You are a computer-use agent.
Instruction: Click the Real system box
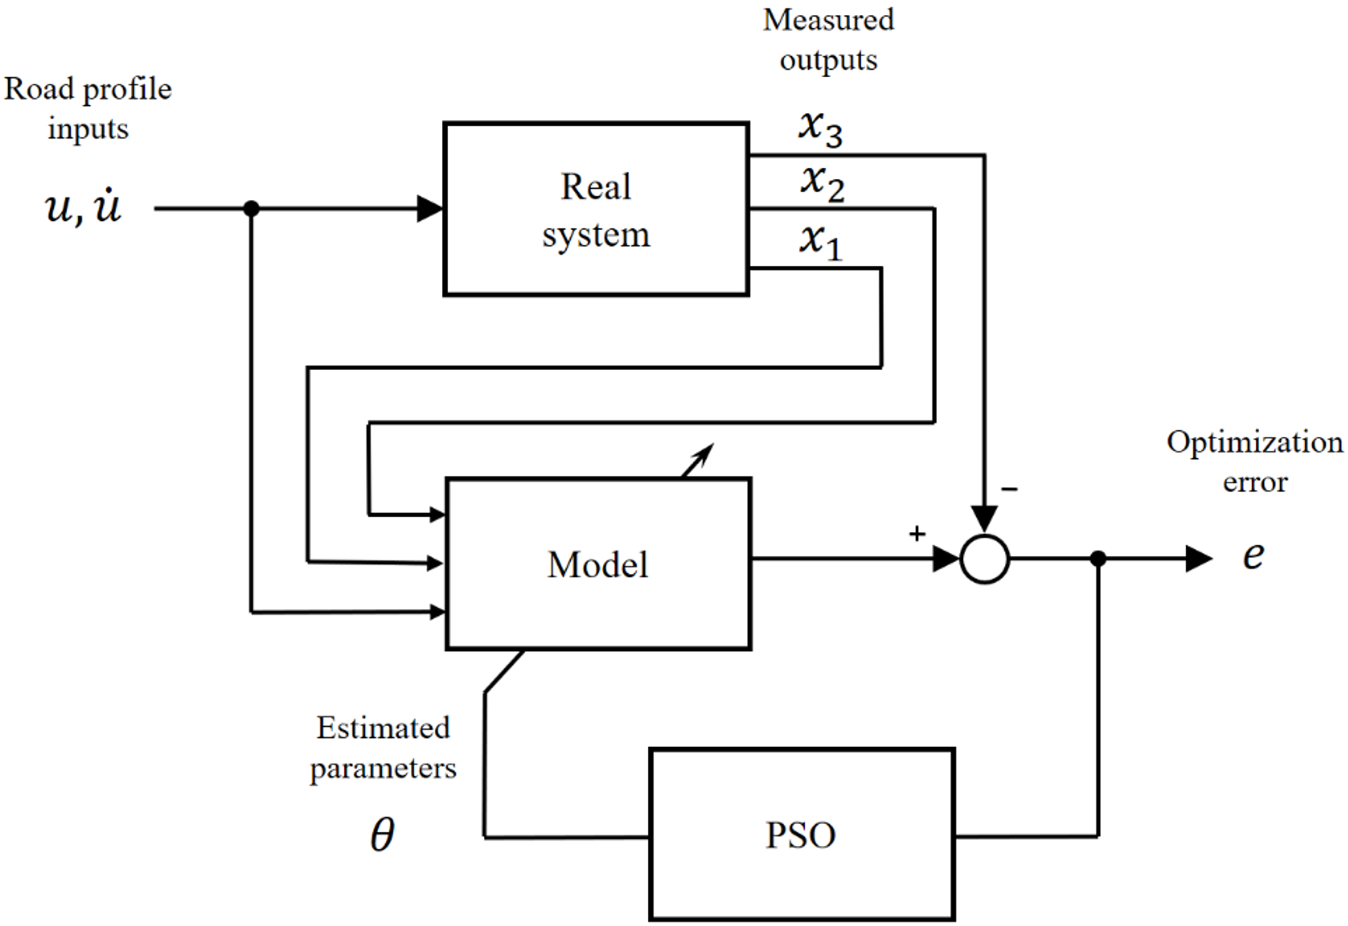[x=596, y=209]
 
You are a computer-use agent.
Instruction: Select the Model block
[x=598, y=563]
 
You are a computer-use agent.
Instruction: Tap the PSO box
[x=801, y=834]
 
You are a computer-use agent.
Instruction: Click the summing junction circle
[x=984, y=559]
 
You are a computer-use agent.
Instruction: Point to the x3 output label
[x=821, y=128]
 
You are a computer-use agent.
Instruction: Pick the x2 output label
[x=822, y=183]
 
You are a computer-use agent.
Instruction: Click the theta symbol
[x=382, y=834]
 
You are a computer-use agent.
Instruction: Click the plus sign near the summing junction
[x=917, y=533]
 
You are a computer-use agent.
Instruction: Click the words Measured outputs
[x=828, y=40]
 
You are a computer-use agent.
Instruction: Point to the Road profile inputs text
[x=88, y=109]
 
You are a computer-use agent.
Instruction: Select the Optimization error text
[x=1254, y=462]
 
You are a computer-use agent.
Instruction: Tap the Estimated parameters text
[x=383, y=748]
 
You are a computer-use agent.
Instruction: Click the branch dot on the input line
[x=252, y=208]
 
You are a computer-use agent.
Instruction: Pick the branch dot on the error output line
[x=1098, y=559]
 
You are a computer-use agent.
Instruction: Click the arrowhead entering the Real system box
[x=430, y=208]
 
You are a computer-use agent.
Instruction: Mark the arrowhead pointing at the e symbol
[x=1198, y=559]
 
